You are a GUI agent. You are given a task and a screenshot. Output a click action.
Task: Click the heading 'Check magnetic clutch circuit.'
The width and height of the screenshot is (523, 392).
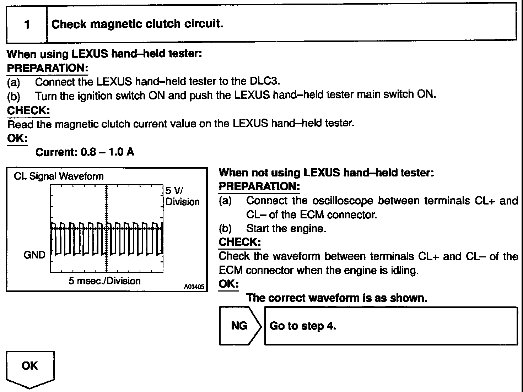point(137,24)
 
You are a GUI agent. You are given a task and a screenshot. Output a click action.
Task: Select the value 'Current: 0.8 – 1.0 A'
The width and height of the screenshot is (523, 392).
point(85,152)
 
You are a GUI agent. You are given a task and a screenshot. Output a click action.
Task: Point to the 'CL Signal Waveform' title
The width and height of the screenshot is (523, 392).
point(59,176)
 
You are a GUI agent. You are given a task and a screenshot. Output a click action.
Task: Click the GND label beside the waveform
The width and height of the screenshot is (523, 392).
point(35,255)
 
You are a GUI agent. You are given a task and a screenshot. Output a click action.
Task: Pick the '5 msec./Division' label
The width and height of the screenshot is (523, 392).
point(104,281)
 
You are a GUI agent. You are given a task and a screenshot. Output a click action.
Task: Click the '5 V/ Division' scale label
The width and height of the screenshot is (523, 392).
point(182,196)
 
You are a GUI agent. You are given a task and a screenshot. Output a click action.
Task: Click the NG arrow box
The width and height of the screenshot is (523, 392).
point(240,326)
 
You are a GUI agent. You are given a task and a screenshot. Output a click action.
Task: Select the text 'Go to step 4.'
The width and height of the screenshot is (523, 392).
point(303,326)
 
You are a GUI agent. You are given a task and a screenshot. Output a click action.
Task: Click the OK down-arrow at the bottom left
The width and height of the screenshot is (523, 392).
point(30,367)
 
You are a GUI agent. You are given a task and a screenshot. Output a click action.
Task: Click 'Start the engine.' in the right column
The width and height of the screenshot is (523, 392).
point(286,228)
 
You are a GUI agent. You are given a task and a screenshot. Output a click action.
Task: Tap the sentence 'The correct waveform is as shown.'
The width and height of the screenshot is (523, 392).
point(336,298)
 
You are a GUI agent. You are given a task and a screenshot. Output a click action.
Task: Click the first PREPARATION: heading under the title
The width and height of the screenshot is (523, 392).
point(47,68)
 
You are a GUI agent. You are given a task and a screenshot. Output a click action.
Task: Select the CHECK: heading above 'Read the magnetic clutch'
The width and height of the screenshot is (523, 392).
point(28,110)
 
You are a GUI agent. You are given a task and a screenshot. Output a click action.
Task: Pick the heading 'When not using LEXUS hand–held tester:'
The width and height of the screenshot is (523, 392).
point(326,173)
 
